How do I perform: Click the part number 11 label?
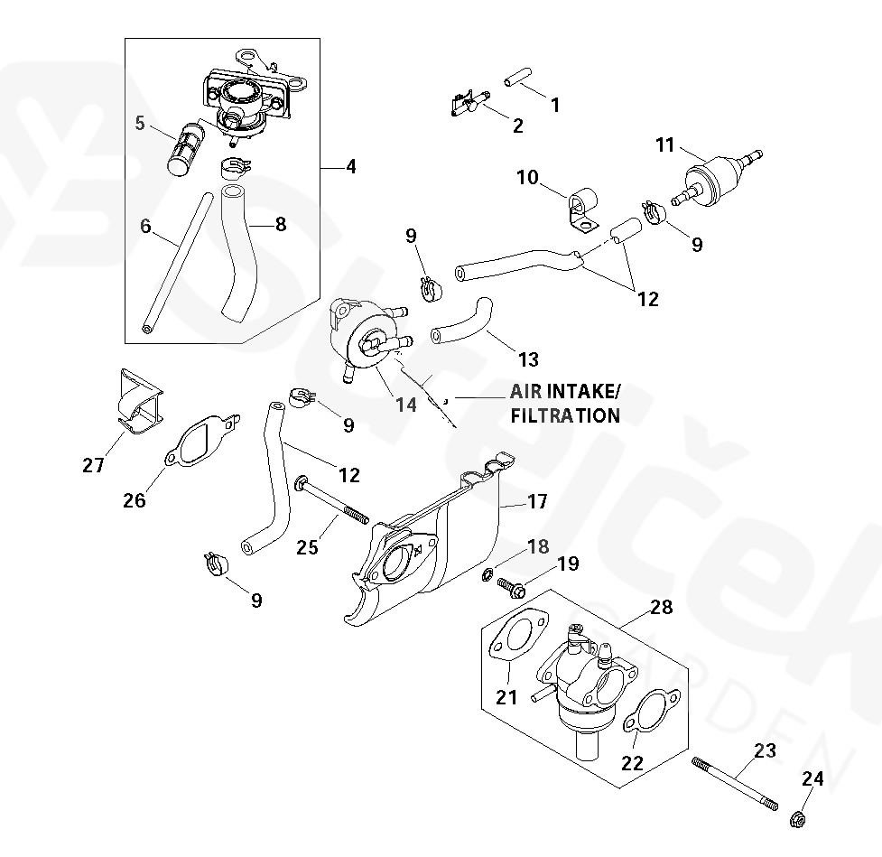(x=665, y=144)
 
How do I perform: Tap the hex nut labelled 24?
(x=798, y=820)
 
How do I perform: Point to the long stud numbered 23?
(x=735, y=783)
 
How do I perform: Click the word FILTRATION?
(x=565, y=415)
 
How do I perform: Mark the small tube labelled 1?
(x=515, y=77)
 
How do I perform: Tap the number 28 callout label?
(x=662, y=607)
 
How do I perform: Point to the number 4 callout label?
(x=350, y=167)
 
